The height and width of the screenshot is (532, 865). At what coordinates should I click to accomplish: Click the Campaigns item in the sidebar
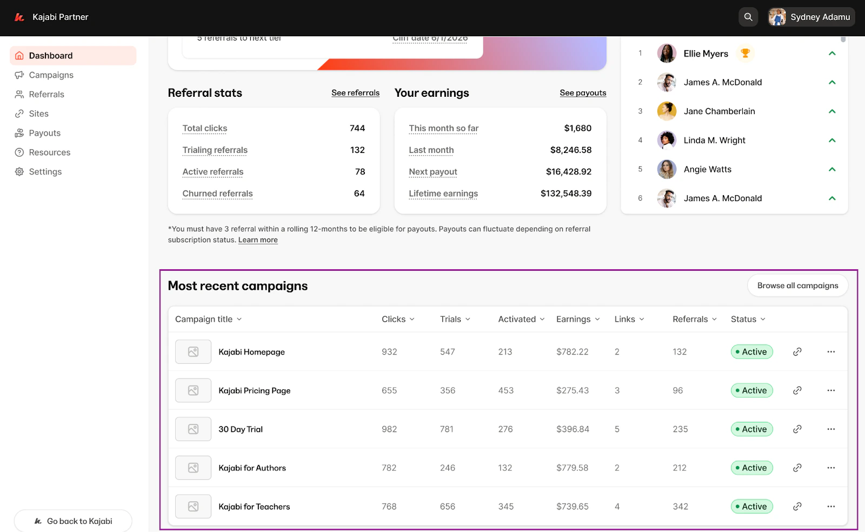[51, 75]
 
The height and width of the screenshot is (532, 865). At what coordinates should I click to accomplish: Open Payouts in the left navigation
[44, 133]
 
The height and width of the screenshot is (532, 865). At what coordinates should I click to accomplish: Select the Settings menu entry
[45, 172]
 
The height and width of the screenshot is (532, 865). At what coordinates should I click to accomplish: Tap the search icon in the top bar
[748, 17]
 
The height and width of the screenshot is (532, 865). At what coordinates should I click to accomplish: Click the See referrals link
[355, 93]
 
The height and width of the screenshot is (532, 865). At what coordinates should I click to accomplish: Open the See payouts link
[583, 93]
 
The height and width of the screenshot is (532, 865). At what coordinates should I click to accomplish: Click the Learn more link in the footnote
[258, 240]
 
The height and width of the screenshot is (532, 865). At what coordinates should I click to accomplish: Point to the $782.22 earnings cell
[572, 352]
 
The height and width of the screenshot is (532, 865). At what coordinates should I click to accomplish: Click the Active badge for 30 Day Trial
[751, 429]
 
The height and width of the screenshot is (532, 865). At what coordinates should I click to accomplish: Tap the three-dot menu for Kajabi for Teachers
[831, 507]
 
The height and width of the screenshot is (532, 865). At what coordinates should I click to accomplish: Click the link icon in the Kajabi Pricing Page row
[797, 390]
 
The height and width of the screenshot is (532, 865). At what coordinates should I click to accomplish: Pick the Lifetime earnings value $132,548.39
[565, 194]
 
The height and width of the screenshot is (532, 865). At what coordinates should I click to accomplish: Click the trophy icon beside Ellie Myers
[746, 53]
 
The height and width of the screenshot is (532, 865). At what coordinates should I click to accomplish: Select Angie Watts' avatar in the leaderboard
[667, 169]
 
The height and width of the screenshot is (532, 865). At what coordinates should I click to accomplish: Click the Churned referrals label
[217, 194]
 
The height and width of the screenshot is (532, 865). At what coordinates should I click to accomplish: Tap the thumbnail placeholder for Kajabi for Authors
[193, 468]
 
